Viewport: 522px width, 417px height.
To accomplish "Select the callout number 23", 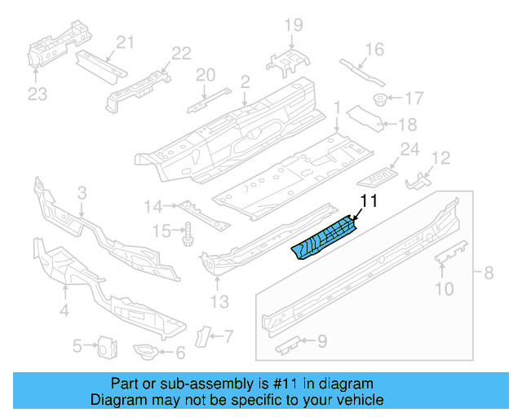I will tap(38, 94).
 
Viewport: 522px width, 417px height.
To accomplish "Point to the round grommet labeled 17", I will tap(380, 99).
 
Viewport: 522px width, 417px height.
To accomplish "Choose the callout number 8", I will tap(489, 273).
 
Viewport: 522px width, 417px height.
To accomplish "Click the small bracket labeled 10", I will tap(451, 253).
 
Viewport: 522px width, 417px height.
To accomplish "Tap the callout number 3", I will tap(82, 193).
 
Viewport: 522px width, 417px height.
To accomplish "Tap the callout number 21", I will tap(124, 42).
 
